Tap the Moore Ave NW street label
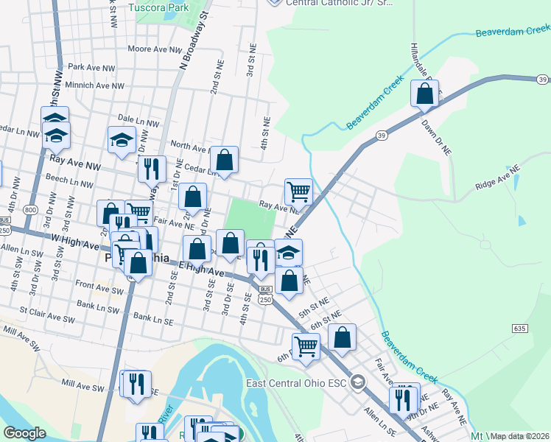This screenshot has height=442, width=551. click(154, 49)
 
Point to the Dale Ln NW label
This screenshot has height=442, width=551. click(138, 118)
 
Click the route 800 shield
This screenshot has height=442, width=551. click(30, 210)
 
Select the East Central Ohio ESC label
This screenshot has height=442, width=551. click(296, 382)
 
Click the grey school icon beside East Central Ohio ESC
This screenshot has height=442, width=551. click(358, 382)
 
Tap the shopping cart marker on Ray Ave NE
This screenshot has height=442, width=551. click(298, 192)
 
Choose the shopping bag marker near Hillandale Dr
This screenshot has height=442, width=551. click(424, 94)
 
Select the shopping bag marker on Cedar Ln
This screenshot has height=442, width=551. click(224, 159)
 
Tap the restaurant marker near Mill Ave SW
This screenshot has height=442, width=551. click(136, 384)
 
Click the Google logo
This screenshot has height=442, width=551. click(24, 433)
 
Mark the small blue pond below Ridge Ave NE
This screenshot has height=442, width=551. click(522, 220)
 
